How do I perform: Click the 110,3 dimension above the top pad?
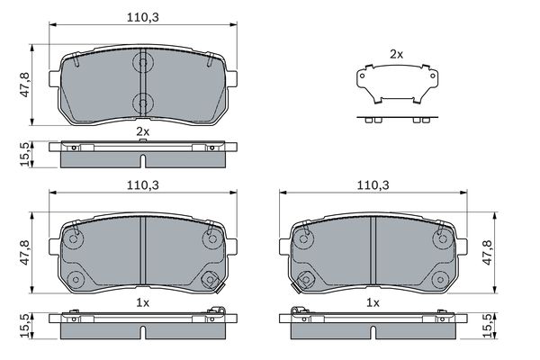point(143,17)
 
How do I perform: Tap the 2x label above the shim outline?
point(396,54)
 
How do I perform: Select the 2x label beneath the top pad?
point(142,131)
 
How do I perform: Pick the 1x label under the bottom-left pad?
point(142,302)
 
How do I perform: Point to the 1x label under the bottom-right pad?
point(373,302)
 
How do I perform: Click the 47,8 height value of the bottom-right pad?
point(488,253)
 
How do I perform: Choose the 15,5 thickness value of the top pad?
point(25,154)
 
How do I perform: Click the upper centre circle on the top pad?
point(142,62)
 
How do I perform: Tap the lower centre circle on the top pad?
point(142,103)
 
